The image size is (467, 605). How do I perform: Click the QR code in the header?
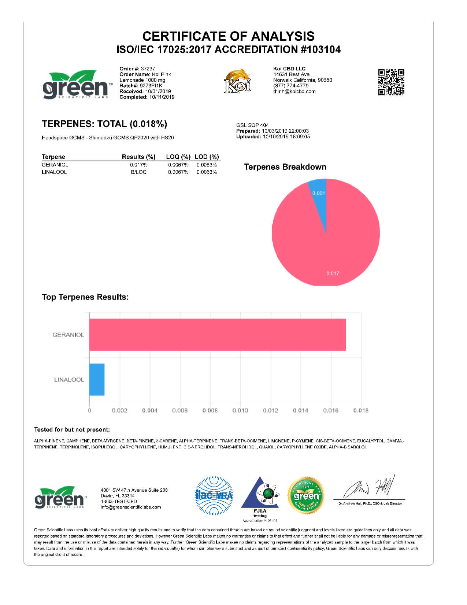coord(391,82)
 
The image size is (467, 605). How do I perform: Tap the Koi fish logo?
coord(237,81)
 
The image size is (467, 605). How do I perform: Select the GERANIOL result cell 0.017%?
coord(138,165)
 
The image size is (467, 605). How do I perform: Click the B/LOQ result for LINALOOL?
coord(138,172)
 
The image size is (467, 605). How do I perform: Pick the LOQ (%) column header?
coord(178,157)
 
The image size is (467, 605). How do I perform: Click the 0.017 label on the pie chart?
coord(333,273)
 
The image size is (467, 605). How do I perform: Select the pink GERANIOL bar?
coord(218,335)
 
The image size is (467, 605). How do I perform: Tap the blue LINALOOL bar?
coord(97,379)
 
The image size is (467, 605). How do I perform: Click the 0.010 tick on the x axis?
coord(240,411)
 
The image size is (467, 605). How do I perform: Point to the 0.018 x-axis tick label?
coord(361,411)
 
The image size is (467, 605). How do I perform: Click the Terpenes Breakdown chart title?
coord(285,167)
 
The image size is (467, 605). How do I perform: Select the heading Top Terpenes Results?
coord(85,297)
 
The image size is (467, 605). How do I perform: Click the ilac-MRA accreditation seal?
coord(214,496)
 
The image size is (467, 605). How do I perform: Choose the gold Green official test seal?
coord(306,496)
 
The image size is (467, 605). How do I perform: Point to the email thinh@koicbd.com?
coord(294,91)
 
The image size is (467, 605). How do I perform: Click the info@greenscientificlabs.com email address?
coord(131,507)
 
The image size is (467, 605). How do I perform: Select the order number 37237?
coord(148,69)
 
